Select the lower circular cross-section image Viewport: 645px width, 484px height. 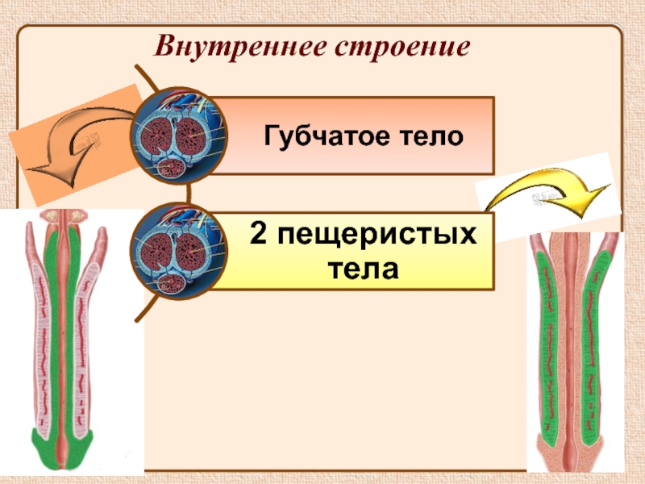point(179,251)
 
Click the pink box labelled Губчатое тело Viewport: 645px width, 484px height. point(355,136)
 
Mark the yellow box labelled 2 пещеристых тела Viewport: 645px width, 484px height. point(355,250)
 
